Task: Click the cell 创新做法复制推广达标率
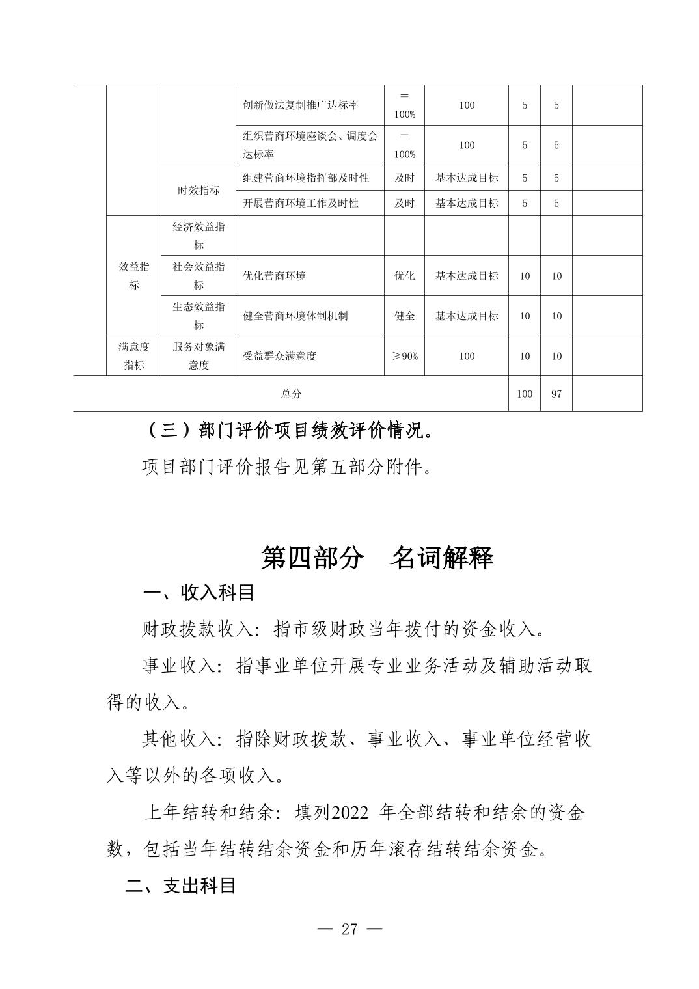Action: point(300,105)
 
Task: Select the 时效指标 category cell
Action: point(199,190)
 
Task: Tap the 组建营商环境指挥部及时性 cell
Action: point(305,178)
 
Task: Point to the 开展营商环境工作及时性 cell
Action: point(300,203)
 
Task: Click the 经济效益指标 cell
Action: point(199,236)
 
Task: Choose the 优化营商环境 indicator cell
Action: point(274,276)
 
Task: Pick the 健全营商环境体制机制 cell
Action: point(295,316)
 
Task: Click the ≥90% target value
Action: point(404,356)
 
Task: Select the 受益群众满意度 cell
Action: point(279,356)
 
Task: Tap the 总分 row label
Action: point(291,394)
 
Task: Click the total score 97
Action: point(556,394)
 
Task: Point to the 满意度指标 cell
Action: point(133,356)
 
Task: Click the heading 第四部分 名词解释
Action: point(377,558)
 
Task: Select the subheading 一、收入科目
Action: point(198,592)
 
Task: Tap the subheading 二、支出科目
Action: point(180,886)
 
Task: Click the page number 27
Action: point(349,929)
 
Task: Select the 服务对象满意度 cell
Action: point(199,356)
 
